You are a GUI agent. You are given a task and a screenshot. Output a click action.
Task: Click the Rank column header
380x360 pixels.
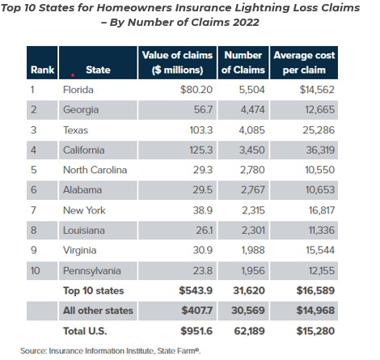point(42,70)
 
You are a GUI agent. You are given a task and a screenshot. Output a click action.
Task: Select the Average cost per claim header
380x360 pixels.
point(304,62)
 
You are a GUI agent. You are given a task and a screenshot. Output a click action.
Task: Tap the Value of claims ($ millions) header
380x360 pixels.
point(177,62)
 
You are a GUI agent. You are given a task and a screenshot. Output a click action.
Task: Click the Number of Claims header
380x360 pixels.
point(243,62)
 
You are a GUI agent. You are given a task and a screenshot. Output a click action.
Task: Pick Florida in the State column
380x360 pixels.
point(78,90)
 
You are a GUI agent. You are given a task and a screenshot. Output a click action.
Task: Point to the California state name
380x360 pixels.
point(83,150)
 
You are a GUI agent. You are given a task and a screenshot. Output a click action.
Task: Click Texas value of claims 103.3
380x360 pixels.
point(201,130)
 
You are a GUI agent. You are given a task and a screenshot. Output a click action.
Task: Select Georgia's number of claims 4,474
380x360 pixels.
point(252,110)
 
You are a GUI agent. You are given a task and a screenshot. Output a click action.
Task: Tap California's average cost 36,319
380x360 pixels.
point(320,150)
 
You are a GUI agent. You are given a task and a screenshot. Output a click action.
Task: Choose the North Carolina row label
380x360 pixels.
point(95,170)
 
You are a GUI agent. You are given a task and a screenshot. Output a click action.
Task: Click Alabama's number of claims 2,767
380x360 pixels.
point(253,190)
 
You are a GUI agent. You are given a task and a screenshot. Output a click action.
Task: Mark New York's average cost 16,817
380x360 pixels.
point(322,210)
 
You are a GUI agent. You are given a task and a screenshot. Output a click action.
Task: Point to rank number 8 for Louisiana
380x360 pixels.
point(33,231)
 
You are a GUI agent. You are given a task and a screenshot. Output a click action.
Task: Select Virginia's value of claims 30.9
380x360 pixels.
point(203,250)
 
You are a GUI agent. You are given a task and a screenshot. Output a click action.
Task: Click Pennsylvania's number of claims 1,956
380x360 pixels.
point(253,271)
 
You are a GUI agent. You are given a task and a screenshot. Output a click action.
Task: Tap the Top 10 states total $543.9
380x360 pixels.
point(196,290)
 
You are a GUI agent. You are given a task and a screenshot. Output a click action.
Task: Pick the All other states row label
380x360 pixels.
point(98,311)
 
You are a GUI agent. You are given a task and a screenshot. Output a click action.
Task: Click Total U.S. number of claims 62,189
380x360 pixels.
point(249,331)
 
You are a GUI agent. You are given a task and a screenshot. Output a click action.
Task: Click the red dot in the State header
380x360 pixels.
point(73,75)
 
